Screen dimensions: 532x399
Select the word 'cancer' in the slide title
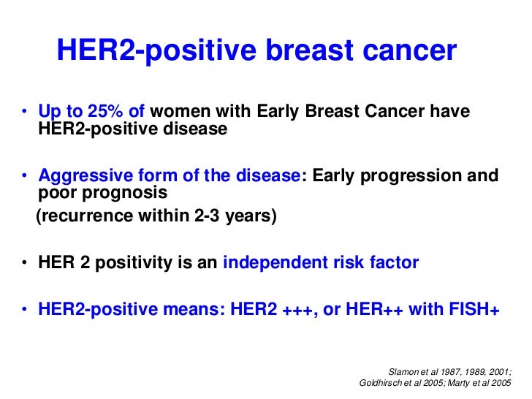409,51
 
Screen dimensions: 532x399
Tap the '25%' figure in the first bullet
105,111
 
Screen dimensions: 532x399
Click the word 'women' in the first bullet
180,111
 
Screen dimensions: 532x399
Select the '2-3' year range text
207,216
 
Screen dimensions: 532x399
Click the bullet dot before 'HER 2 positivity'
24,262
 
